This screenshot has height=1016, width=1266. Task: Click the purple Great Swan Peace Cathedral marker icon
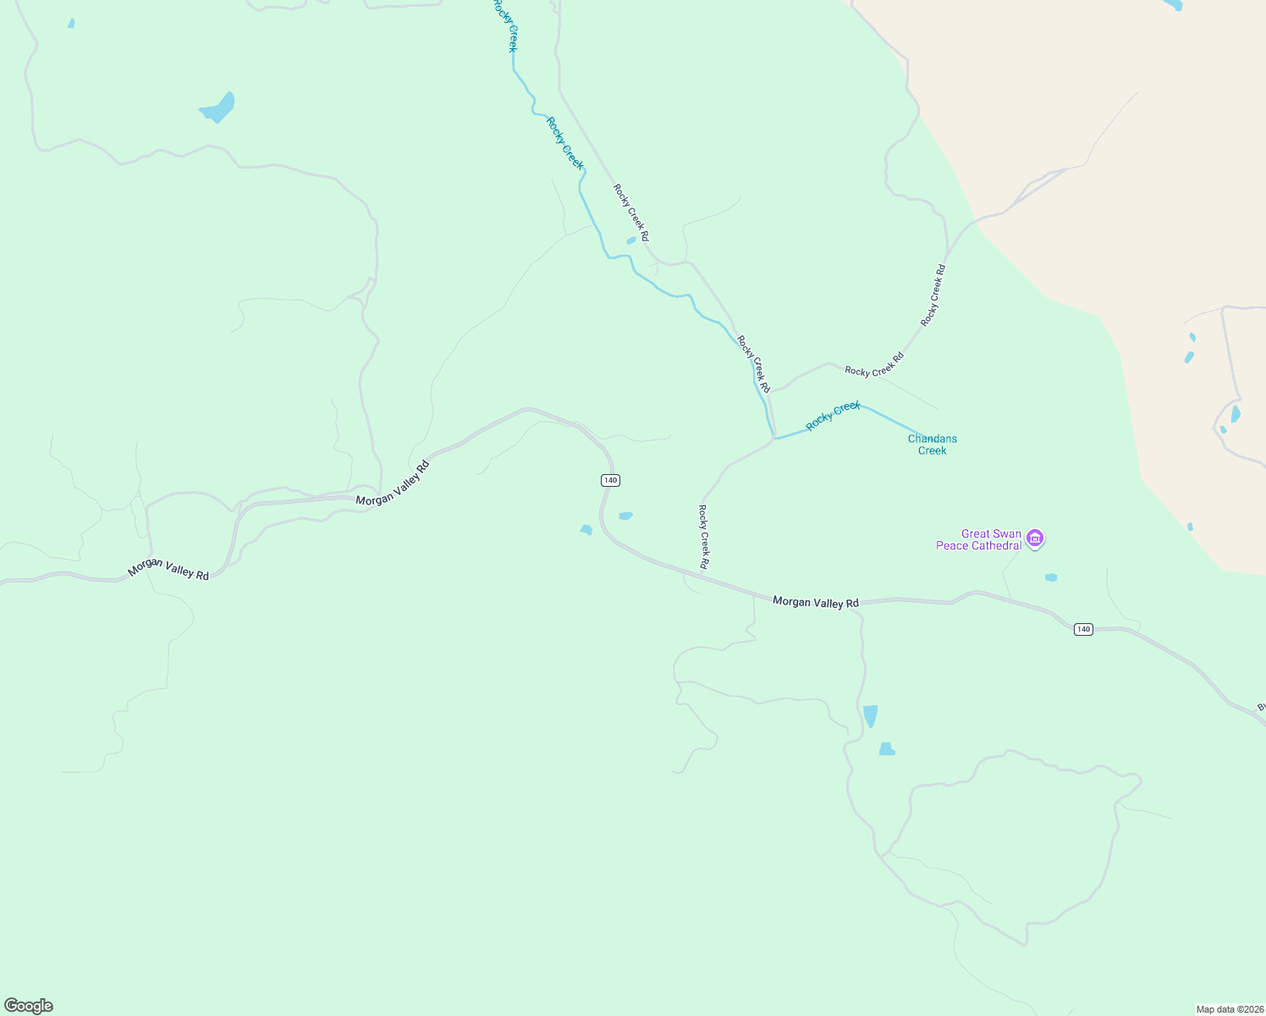pyautogui.click(x=1035, y=538)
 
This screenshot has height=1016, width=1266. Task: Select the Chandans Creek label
pyautogui.click(x=932, y=444)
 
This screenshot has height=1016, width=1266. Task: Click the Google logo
pyautogui.click(x=29, y=1006)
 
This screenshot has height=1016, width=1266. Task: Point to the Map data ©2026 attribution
pyautogui.click(x=1229, y=1009)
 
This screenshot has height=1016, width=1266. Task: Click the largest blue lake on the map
pyautogui.click(x=218, y=108)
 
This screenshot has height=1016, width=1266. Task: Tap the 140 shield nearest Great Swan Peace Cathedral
pyautogui.click(x=1082, y=629)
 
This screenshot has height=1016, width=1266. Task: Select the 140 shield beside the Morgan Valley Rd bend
pyautogui.click(x=610, y=480)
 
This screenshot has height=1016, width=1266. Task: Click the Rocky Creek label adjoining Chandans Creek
pyautogui.click(x=833, y=416)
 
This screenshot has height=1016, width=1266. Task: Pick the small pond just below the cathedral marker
pyautogui.click(x=1051, y=577)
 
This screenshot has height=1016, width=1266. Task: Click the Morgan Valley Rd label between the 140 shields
pyautogui.click(x=815, y=602)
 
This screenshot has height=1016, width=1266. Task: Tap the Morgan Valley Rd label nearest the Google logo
pyautogui.click(x=168, y=569)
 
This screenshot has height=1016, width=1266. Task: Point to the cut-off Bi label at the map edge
pyautogui.click(x=1260, y=707)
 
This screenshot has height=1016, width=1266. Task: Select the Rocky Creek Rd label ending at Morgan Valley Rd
pyautogui.click(x=703, y=537)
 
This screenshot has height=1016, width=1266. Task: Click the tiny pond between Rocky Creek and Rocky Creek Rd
pyautogui.click(x=630, y=240)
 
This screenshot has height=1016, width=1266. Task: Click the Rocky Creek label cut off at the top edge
pyautogui.click(x=504, y=25)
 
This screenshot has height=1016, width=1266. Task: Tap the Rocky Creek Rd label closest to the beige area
pyautogui.click(x=933, y=295)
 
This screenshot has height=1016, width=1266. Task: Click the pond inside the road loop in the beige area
pyautogui.click(x=1235, y=414)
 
